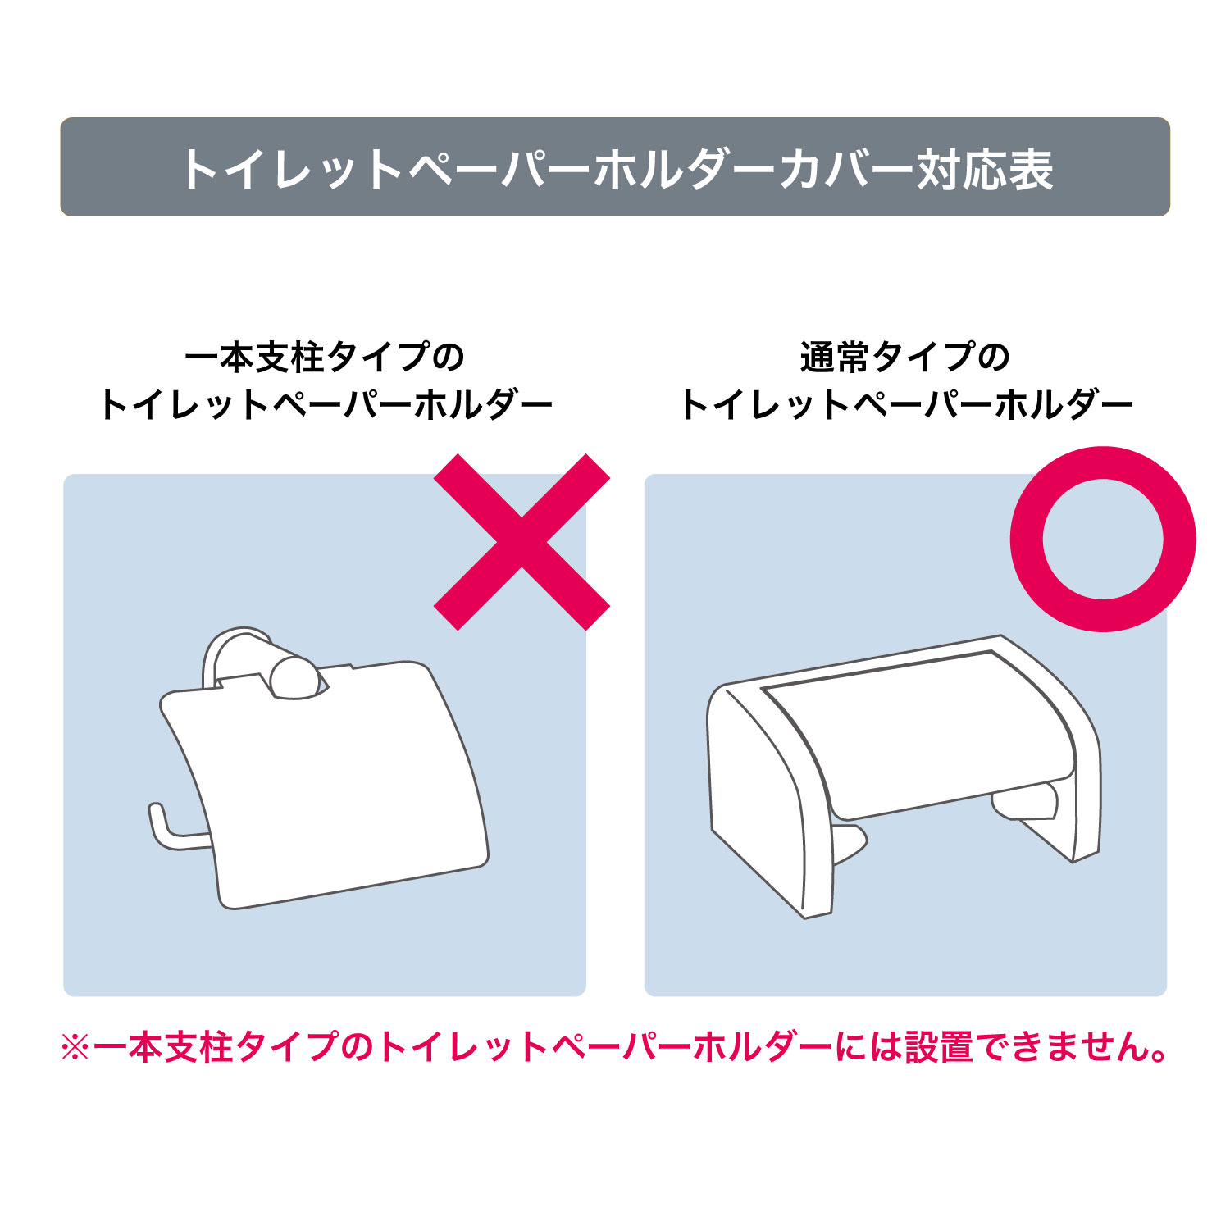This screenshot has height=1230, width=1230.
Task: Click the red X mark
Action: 522,542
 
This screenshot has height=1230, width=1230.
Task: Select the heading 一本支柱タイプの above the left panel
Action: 325,357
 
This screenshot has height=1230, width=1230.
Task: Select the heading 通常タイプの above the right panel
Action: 905,357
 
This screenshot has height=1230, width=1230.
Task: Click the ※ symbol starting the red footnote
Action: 75,1047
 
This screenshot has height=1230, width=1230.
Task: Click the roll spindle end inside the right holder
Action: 1050,799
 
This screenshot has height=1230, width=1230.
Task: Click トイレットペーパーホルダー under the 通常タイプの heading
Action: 906,405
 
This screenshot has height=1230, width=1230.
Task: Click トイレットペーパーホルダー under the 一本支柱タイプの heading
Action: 326,405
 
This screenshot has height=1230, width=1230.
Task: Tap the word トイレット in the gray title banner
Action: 291,170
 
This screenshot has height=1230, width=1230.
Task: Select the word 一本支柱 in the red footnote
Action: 165,1047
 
